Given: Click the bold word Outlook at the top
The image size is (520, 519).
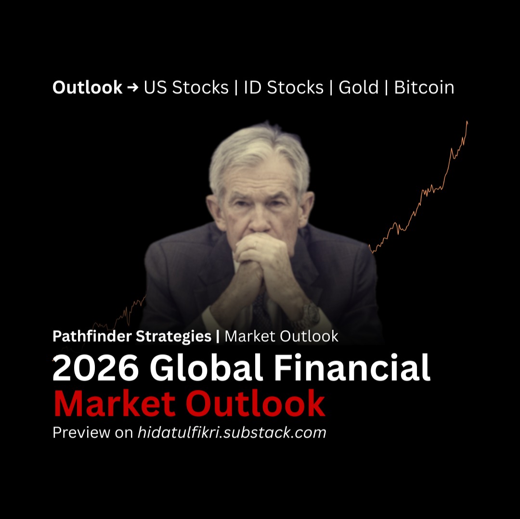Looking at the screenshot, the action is click(x=88, y=88).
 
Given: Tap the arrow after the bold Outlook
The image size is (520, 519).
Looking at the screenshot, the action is click(x=133, y=88).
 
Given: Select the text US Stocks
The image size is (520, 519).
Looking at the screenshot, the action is click(x=186, y=88).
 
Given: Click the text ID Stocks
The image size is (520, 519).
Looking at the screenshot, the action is click(x=284, y=88).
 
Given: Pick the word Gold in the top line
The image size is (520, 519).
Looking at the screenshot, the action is click(x=359, y=88).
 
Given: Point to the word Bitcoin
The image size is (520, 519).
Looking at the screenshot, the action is click(x=424, y=88).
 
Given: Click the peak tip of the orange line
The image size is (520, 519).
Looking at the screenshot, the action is click(x=467, y=122).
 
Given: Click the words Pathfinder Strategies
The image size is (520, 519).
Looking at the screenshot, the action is click(x=132, y=336).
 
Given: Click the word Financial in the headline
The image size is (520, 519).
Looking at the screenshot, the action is click(x=352, y=367).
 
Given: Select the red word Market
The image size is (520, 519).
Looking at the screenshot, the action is click(x=115, y=403).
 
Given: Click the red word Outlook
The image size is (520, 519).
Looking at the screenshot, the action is click(x=255, y=403).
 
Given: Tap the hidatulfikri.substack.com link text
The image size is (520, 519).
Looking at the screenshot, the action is click(x=232, y=432).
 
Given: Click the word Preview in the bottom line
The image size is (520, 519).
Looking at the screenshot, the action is click(x=81, y=432).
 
